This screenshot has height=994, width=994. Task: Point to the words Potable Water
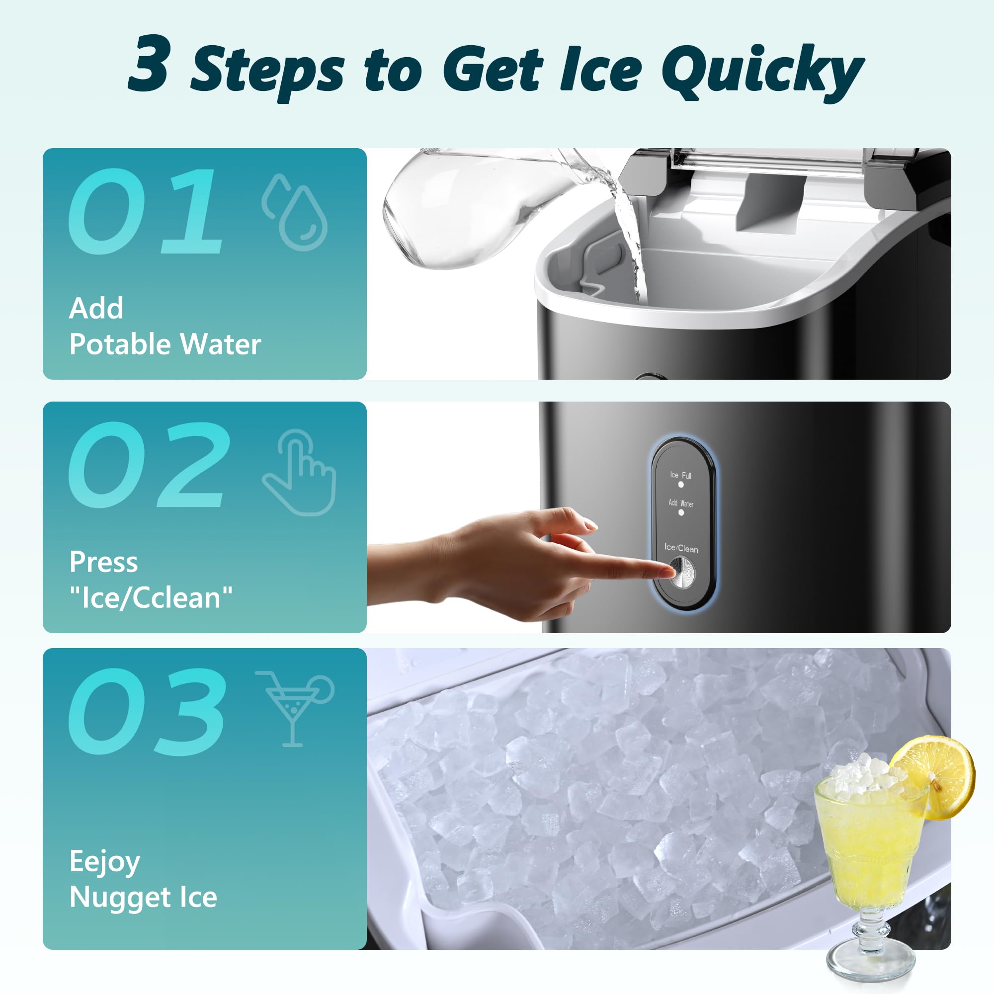[x=165, y=344]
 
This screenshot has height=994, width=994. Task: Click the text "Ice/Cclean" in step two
[x=151, y=597]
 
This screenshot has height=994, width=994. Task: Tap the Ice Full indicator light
[x=681, y=484]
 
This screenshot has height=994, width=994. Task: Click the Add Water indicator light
[x=681, y=512]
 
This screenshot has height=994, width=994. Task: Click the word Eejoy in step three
[x=104, y=862]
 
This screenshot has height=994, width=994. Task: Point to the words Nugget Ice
[x=143, y=897]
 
